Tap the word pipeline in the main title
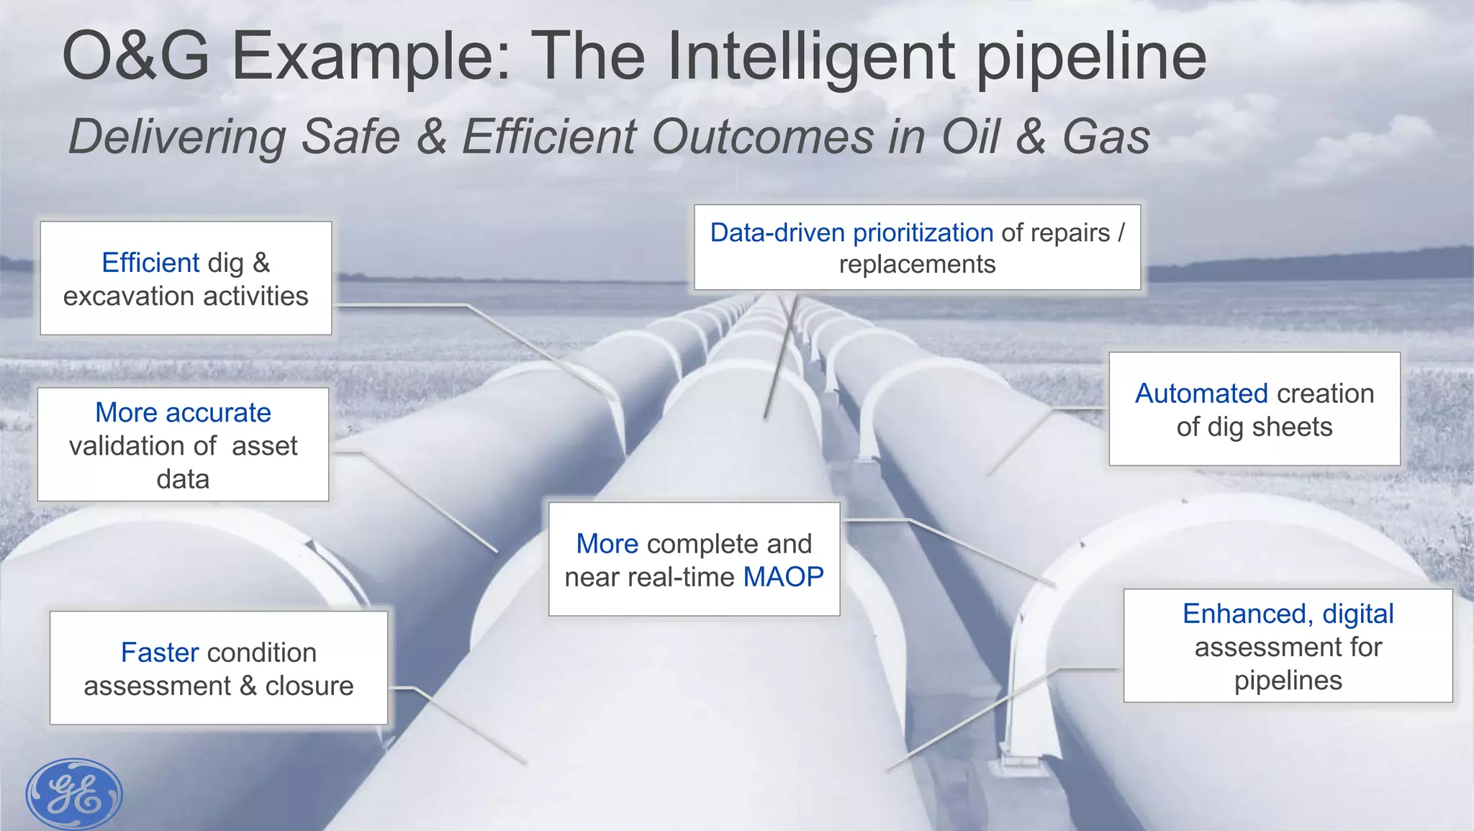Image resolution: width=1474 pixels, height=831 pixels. point(1090,58)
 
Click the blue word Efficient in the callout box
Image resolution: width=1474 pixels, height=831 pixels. point(150,263)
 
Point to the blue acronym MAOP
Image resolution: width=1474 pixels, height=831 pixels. point(783,577)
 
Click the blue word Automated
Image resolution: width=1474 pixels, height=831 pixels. point(1201,394)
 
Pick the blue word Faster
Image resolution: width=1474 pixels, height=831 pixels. point(159,653)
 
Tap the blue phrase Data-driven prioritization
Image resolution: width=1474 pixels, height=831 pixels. point(851,233)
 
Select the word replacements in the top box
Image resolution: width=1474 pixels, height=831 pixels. point(917,265)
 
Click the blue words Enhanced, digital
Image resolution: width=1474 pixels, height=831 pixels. point(1288,614)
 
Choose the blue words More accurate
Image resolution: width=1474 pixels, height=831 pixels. point(183,413)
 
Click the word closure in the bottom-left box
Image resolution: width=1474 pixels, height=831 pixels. point(309,686)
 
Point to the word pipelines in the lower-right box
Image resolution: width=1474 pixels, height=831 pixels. point(1288,681)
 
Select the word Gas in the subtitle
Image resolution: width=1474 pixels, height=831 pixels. point(1105,136)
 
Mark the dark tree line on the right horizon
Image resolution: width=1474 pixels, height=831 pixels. point(1310,265)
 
